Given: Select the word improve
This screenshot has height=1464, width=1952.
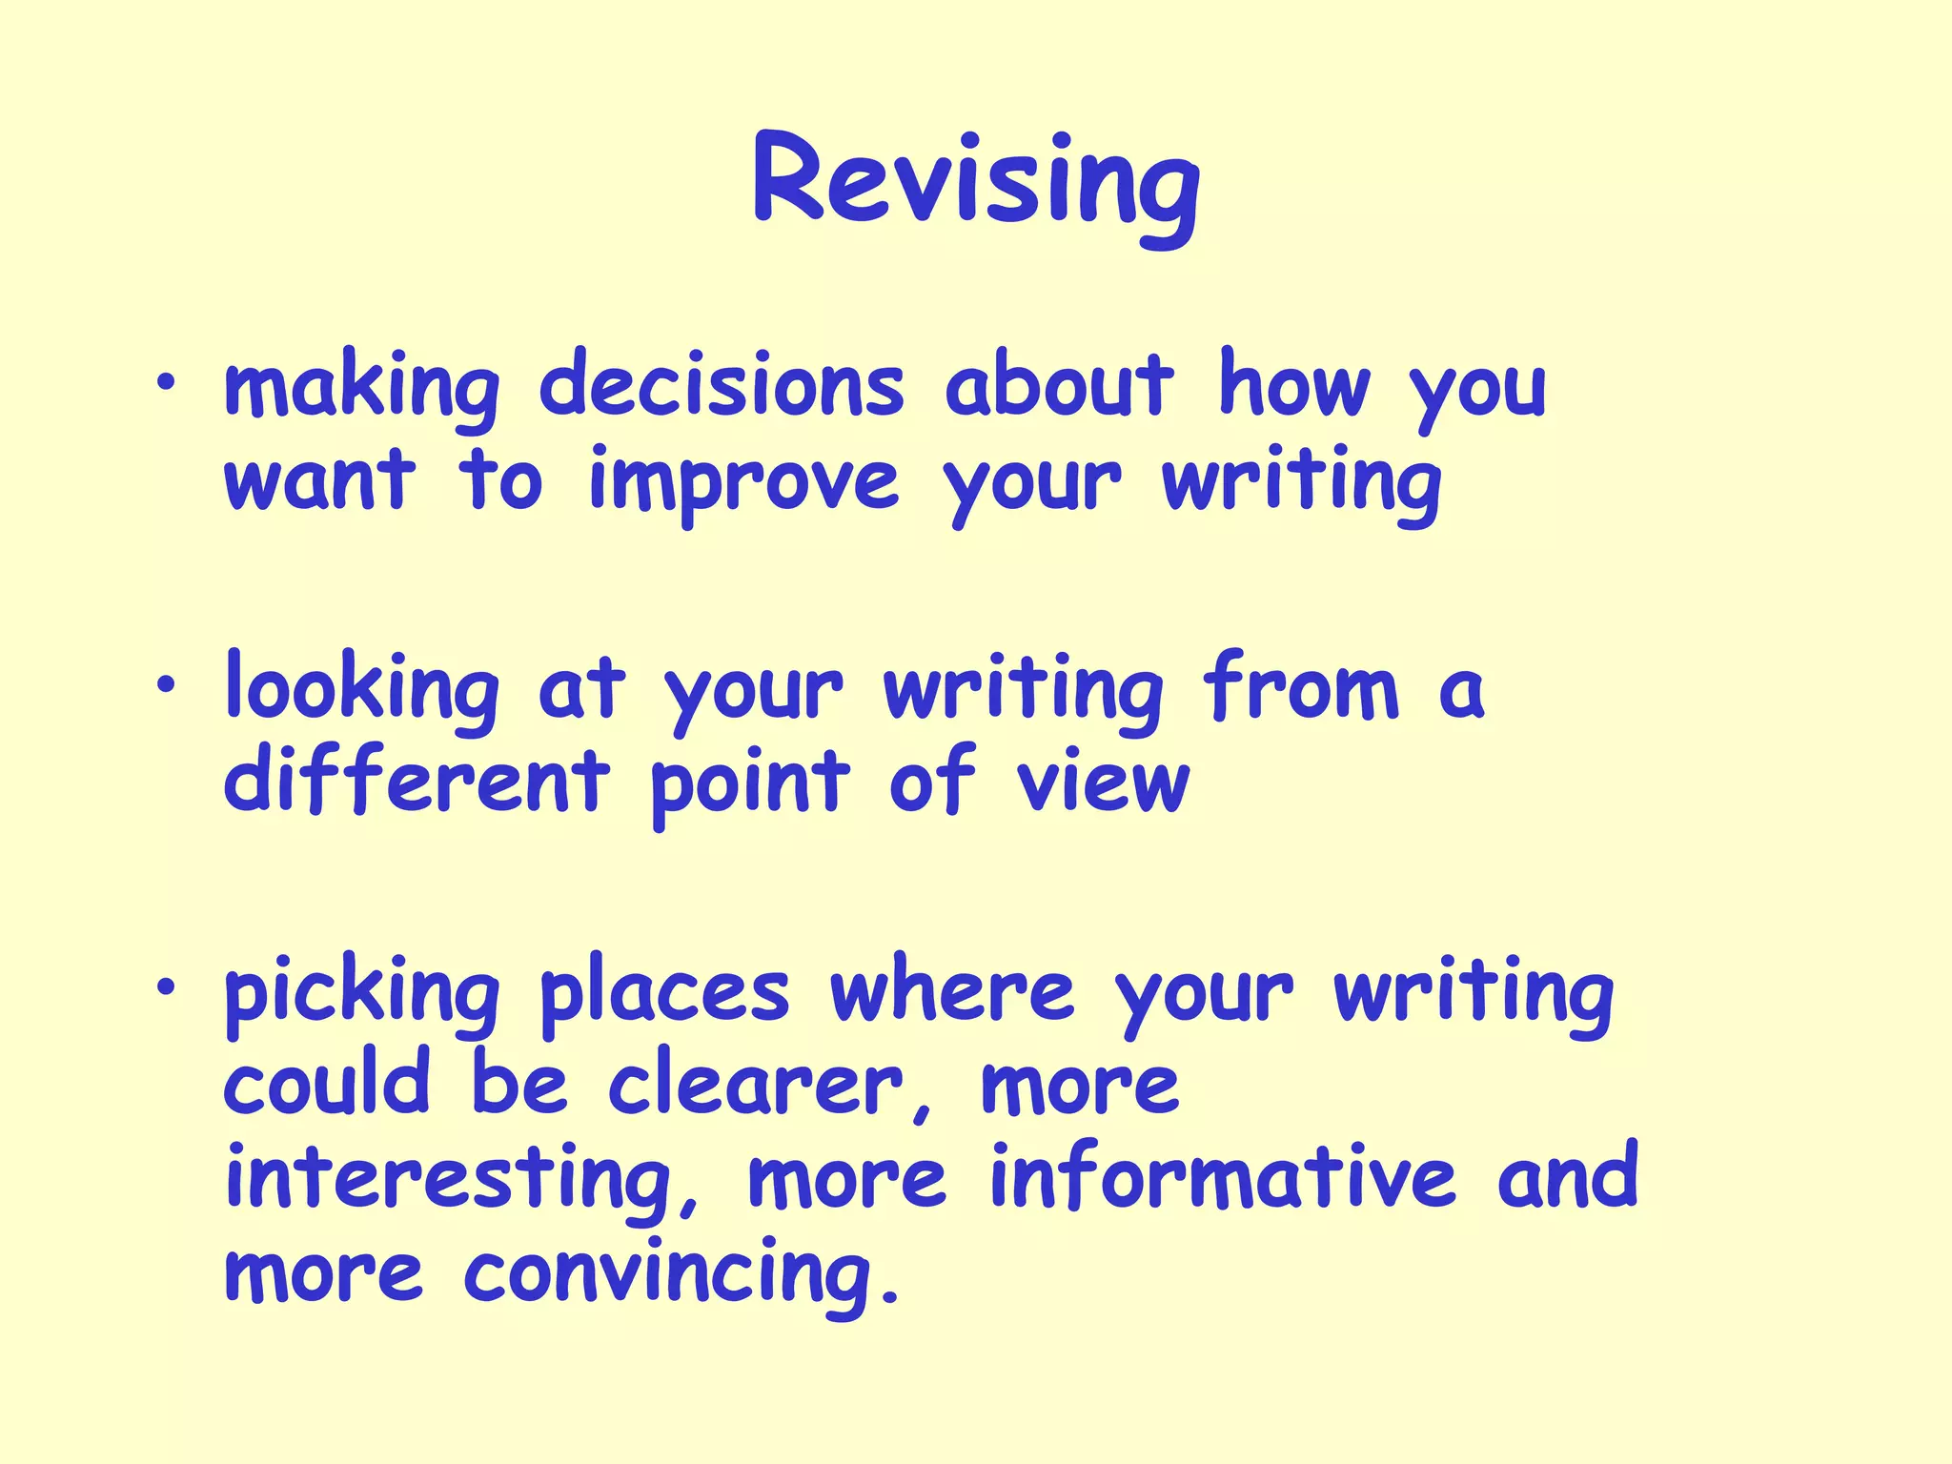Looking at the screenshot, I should pos(743,483).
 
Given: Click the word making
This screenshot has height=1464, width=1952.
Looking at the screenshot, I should pos(361,389).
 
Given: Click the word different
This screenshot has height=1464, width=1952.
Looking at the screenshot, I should pos(417,782).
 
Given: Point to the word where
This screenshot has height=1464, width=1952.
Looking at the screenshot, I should pos(951,991).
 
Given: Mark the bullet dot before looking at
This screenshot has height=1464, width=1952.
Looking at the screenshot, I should pos(168,684).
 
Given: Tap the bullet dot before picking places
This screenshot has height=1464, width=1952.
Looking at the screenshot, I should pos(168,986).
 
